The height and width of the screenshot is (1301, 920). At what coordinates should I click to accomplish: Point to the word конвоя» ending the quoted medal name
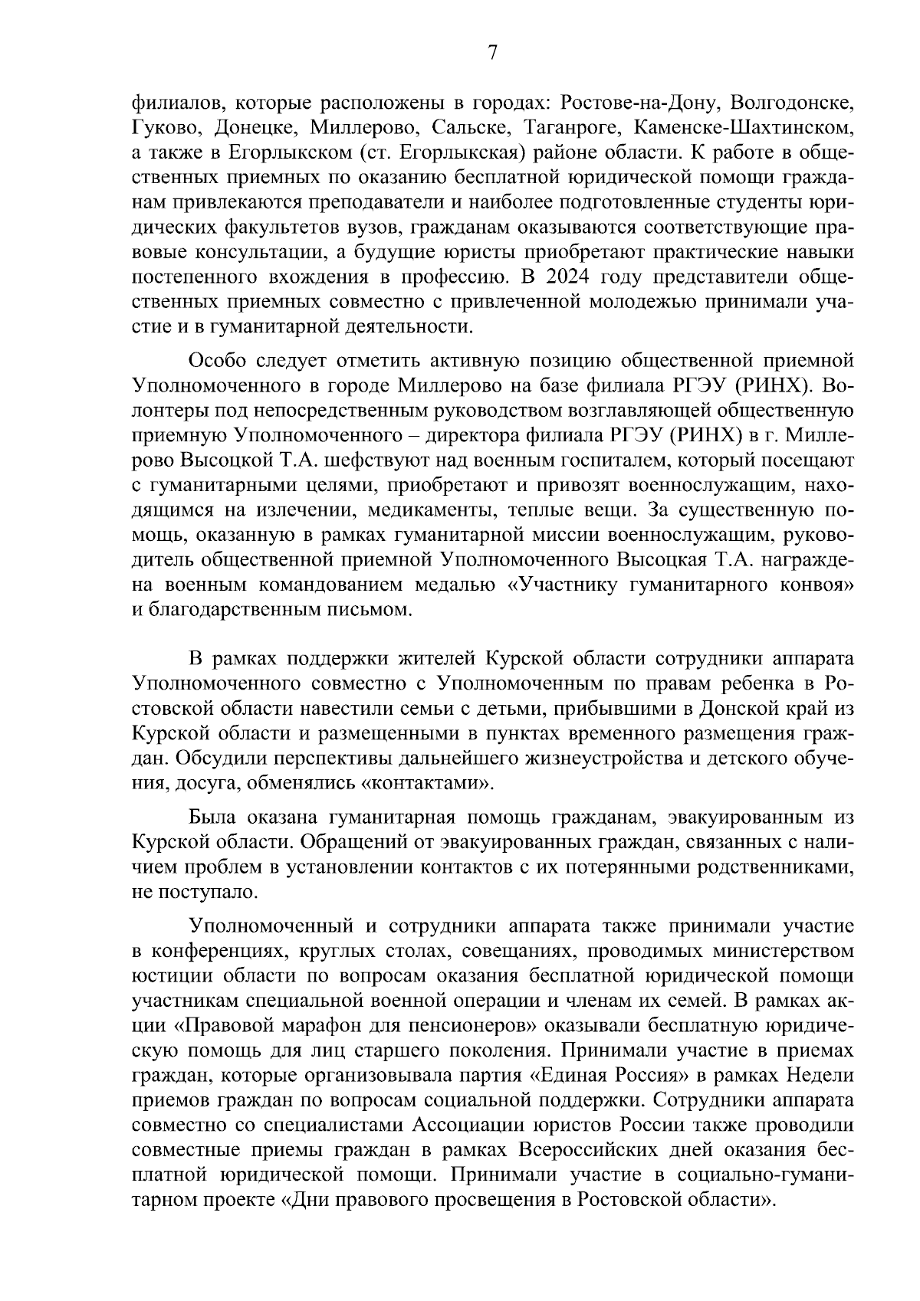813,585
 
